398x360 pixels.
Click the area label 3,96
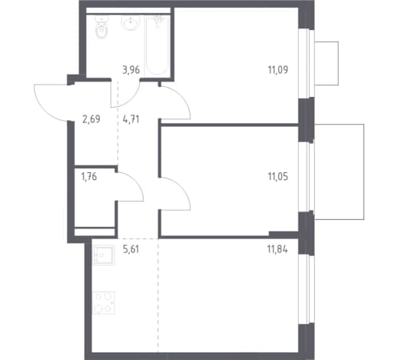point(131,70)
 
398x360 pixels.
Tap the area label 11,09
point(278,70)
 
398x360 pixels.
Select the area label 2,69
point(91,119)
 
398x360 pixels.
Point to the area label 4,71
point(131,119)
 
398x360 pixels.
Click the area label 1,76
point(89,177)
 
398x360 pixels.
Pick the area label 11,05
point(278,177)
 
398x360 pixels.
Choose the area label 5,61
point(131,249)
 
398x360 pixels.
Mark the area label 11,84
point(277,249)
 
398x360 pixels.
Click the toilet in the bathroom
point(101,27)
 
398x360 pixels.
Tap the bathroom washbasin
point(131,23)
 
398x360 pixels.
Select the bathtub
point(157,46)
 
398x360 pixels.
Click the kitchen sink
point(104,255)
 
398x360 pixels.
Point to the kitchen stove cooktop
point(104,303)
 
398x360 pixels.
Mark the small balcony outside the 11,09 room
point(327,63)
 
